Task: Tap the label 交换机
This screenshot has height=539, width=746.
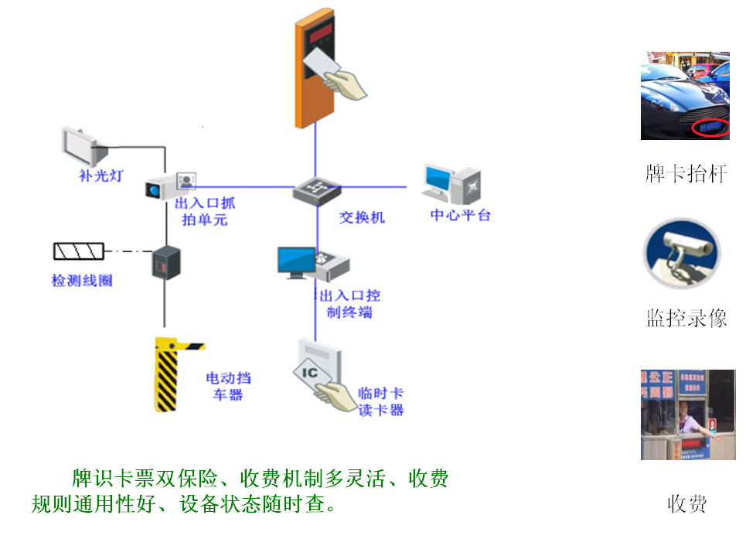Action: (x=361, y=217)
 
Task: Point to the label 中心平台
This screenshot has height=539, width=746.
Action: (x=460, y=215)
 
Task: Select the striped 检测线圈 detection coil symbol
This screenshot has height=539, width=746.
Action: (x=78, y=251)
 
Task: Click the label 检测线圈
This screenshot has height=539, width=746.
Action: (x=82, y=280)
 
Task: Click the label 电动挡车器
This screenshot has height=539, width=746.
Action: (x=228, y=386)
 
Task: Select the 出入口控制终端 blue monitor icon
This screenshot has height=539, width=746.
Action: (x=298, y=261)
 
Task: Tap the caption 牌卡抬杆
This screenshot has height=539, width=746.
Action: (x=686, y=173)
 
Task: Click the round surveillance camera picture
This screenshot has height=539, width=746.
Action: (x=682, y=255)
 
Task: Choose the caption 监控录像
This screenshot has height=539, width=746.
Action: (x=686, y=318)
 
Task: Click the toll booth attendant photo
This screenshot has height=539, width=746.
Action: (x=687, y=414)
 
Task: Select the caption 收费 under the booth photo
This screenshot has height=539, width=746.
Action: (x=686, y=504)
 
